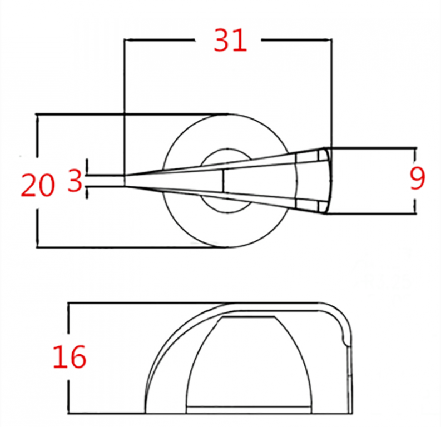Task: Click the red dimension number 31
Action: tap(230, 41)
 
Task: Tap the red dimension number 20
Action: tap(38, 185)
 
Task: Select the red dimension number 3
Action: tap(75, 181)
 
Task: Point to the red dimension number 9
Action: tap(417, 179)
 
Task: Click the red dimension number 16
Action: tap(70, 356)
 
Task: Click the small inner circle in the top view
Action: tap(227, 181)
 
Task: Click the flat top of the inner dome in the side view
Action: tap(248, 317)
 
